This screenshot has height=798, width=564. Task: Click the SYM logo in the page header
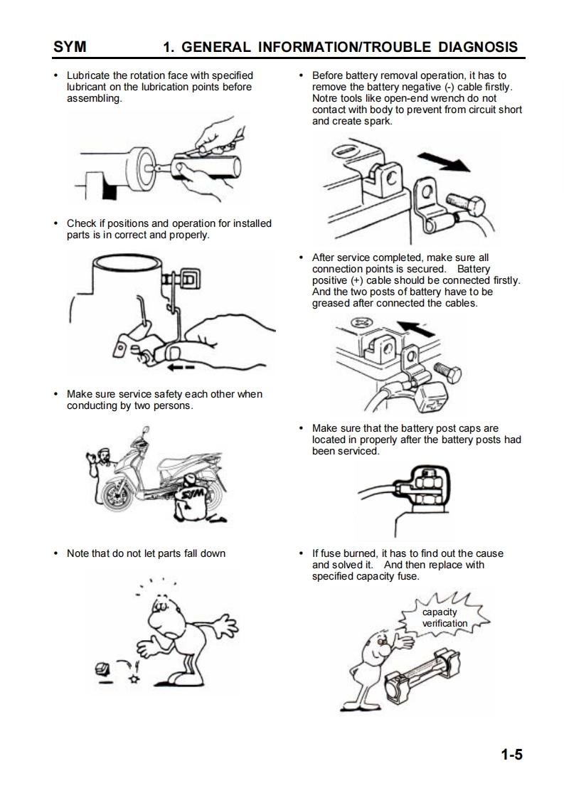[70, 47]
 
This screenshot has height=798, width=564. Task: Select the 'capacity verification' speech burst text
[444, 617]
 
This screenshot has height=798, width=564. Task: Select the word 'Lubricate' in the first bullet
[88, 75]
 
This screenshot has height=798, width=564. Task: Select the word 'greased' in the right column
[331, 303]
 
